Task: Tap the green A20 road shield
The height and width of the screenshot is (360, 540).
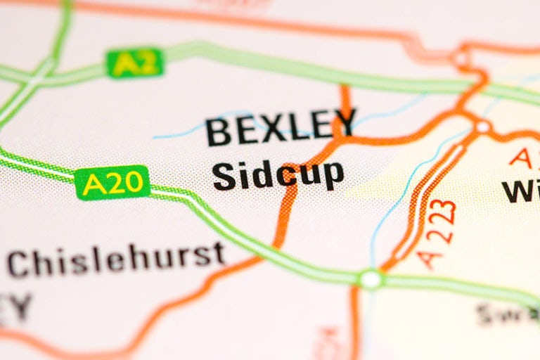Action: [112, 184]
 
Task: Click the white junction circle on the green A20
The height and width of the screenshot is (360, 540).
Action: [371, 279]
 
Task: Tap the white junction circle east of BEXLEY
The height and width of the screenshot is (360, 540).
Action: [482, 127]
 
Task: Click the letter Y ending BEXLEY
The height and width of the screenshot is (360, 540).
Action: [344, 123]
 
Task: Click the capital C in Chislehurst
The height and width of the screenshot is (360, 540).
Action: [22, 265]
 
